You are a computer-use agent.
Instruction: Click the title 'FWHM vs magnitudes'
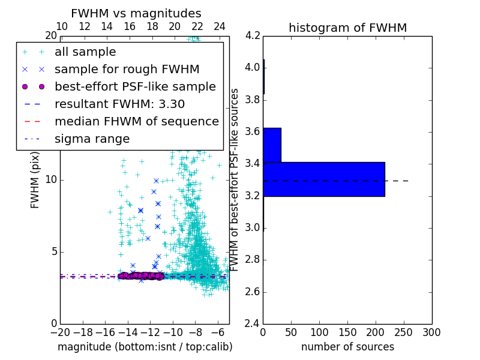[136, 13]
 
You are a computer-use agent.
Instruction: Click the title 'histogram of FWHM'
[347, 28]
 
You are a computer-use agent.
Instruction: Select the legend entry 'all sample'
[85, 52]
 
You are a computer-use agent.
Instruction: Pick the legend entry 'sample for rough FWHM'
[127, 69]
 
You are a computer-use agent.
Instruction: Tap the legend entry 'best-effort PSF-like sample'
[135, 86]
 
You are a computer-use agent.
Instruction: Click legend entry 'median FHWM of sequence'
[137, 121]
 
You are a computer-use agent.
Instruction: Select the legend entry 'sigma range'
[92, 139]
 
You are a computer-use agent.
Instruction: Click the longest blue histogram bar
[324, 179]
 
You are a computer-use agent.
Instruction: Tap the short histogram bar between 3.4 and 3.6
[272, 145]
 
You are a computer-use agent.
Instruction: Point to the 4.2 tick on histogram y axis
[253, 35]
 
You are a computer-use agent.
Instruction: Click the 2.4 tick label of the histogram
[253, 324]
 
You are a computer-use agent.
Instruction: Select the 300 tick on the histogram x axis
[432, 332]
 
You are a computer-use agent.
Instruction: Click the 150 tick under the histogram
[347, 332]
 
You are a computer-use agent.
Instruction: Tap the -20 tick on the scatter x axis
[60, 332]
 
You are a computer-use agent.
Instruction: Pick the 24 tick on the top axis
[220, 26]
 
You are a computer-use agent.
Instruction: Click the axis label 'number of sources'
[347, 347]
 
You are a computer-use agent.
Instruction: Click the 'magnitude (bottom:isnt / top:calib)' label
[145, 347]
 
